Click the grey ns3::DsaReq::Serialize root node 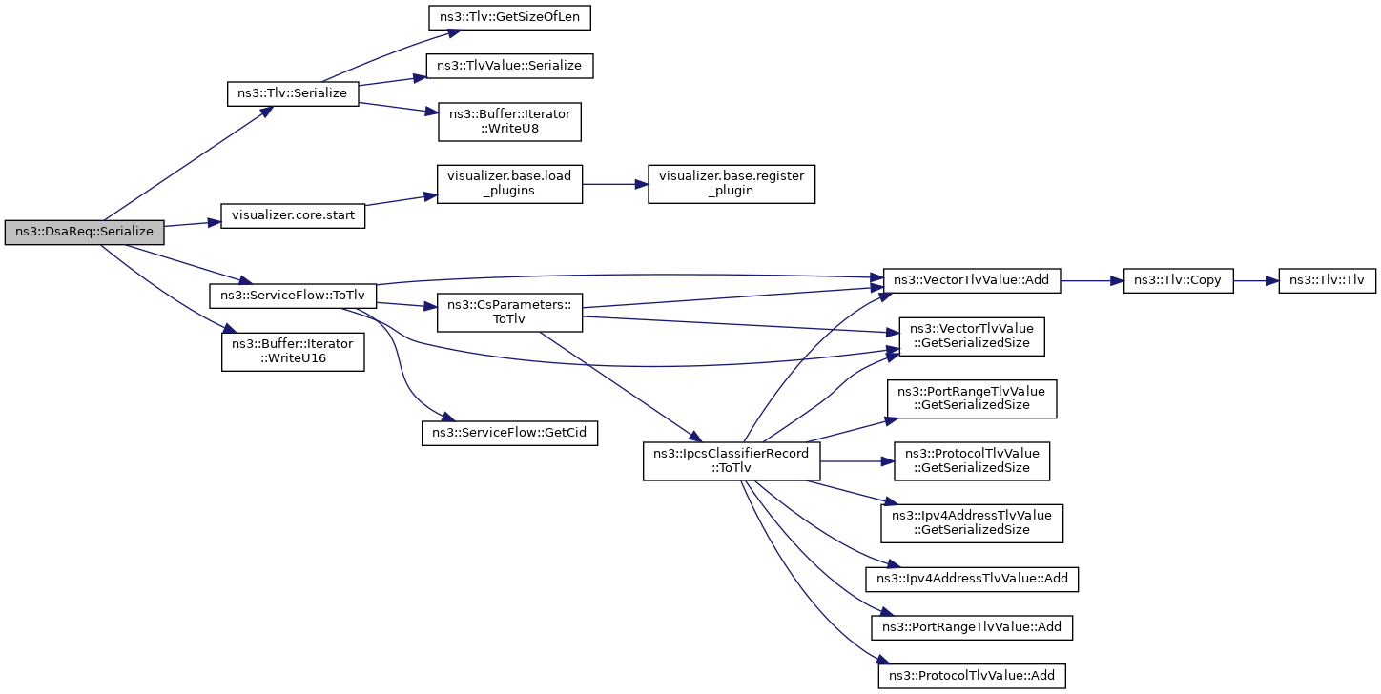tap(85, 233)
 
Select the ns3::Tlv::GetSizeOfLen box tap(509, 17)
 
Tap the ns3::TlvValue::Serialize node tap(509, 66)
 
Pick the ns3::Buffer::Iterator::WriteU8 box tap(509, 121)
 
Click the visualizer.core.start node tap(293, 215)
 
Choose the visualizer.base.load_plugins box tap(509, 184)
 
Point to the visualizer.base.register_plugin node tap(732, 184)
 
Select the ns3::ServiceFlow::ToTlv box tap(293, 296)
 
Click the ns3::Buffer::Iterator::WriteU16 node tap(293, 352)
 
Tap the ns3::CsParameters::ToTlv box tap(509, 312)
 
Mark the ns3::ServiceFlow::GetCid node tap(509, 433)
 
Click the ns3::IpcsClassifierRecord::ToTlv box tap(732, 461)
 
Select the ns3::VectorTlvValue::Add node tap(972, 280)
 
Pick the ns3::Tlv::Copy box tap(1178, 280)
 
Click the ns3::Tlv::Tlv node tap(1327, 280)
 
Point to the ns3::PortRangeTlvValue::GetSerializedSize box tap(972, 398)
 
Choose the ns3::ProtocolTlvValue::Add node tap(972, 676)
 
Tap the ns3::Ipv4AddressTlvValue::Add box tap(972, 580)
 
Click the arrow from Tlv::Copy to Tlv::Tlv tap(1256, 280)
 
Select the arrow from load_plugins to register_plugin tap(615, 184)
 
